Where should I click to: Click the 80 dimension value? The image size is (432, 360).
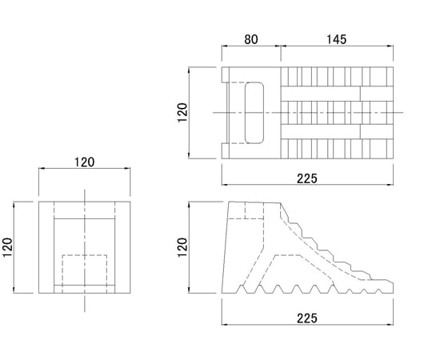click(251, 39)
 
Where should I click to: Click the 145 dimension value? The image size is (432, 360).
click(336, 39)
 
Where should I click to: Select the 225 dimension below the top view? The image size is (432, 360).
click(307, 178)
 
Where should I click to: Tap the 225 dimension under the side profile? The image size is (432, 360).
click(307, 318)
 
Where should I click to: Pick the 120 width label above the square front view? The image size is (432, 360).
click(84, 162)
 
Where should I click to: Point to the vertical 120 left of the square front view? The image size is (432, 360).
click(7, 247)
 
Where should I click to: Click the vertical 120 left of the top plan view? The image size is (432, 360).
click(182, 112)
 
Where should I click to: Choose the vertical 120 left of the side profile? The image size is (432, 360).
click(182, 247)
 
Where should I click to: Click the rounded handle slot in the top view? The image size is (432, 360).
click(254, 113)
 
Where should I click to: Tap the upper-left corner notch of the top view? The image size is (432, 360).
click(226, 74)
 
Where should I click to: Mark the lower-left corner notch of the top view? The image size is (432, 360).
click(226, 151)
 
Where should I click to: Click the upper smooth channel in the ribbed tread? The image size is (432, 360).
click(337, 94)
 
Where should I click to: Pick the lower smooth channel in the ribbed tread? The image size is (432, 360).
click(337, 132)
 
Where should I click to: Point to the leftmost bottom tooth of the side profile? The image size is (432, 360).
click(242, 289)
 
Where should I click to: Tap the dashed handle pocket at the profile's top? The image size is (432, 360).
click(246, 210)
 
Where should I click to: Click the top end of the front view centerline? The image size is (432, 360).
click(85, 190)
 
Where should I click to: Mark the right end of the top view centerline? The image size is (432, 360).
click(403, 112)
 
